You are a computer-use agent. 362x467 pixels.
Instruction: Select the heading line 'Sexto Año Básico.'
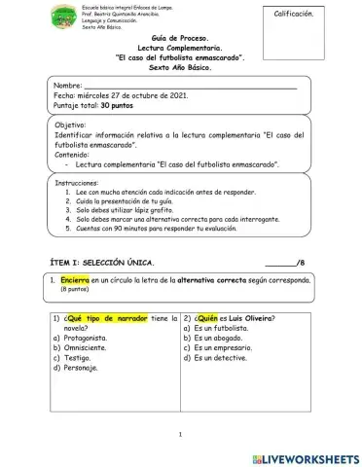[181, 70]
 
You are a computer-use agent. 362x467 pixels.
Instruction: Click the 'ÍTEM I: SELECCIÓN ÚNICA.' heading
[101, 264]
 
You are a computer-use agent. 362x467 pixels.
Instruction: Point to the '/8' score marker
[301, 264]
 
